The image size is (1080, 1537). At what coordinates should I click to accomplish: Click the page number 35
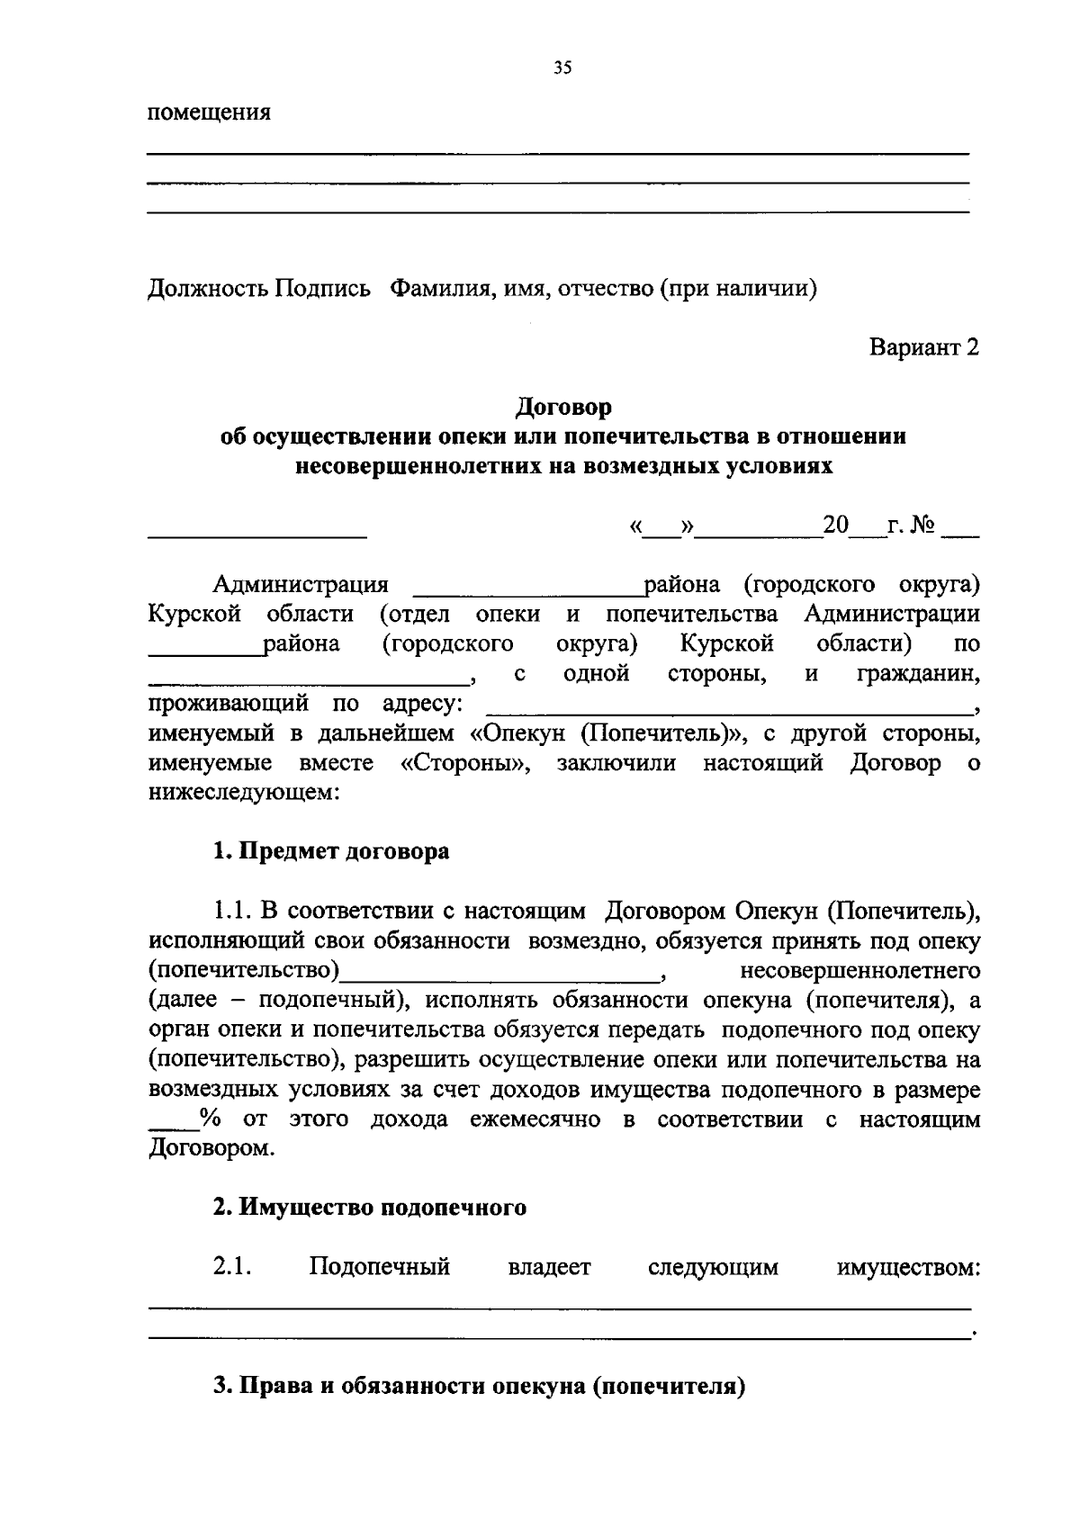click(563, 68)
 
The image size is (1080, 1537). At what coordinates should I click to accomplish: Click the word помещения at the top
click(210, 114)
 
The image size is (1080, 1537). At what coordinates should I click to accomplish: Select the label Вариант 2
click(923, 348)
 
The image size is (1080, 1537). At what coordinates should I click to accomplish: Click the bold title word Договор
click(563, 408)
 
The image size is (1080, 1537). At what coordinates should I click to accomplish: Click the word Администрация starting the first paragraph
click(301, 586)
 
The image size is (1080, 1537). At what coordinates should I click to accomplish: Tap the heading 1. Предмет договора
click(331, 851)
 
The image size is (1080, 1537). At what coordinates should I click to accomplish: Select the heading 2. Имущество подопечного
click(369, 1208)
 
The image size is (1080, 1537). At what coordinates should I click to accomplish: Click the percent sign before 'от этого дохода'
click(211, 1120)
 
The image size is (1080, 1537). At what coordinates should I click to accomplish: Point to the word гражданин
click(918, 675)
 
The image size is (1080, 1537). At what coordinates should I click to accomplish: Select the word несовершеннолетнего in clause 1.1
click(859, 972)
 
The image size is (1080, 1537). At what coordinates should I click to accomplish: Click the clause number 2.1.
click(231, 1268)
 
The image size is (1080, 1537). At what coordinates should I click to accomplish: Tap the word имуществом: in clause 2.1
click(908, 1269)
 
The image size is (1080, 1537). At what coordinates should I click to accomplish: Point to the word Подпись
click(323, 290)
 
